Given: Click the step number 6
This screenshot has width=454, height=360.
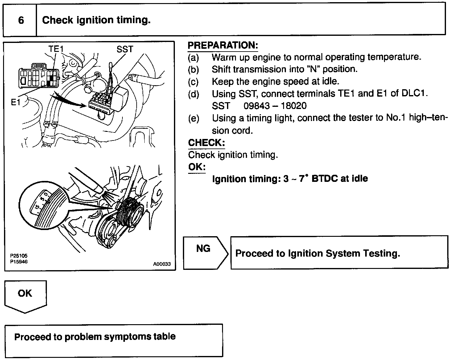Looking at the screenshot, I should (21, 20).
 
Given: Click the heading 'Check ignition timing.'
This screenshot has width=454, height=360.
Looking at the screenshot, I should (96, 20).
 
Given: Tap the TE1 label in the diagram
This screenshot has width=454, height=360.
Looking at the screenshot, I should (56, 49).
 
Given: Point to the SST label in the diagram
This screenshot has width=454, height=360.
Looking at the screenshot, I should (125, 49).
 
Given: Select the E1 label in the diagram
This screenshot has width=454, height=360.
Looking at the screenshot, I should (16, 102).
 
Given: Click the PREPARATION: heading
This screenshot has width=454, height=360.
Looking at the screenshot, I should (223, 45).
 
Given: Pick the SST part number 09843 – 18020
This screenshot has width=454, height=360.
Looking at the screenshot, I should (275, 106).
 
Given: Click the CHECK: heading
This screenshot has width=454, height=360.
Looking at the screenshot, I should (206, 143).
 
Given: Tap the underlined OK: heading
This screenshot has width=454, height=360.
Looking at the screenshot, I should (197, 167).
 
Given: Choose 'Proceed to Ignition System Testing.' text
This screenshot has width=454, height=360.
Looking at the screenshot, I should (317, 253).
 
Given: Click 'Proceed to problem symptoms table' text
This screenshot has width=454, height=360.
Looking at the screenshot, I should (95, 337).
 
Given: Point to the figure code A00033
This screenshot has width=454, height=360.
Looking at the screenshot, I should (162, 264).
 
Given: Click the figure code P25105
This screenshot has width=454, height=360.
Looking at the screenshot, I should (19, 256).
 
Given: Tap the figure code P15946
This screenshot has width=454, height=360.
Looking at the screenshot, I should (19, 262).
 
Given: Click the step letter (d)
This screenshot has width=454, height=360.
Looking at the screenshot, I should (194, 94).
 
